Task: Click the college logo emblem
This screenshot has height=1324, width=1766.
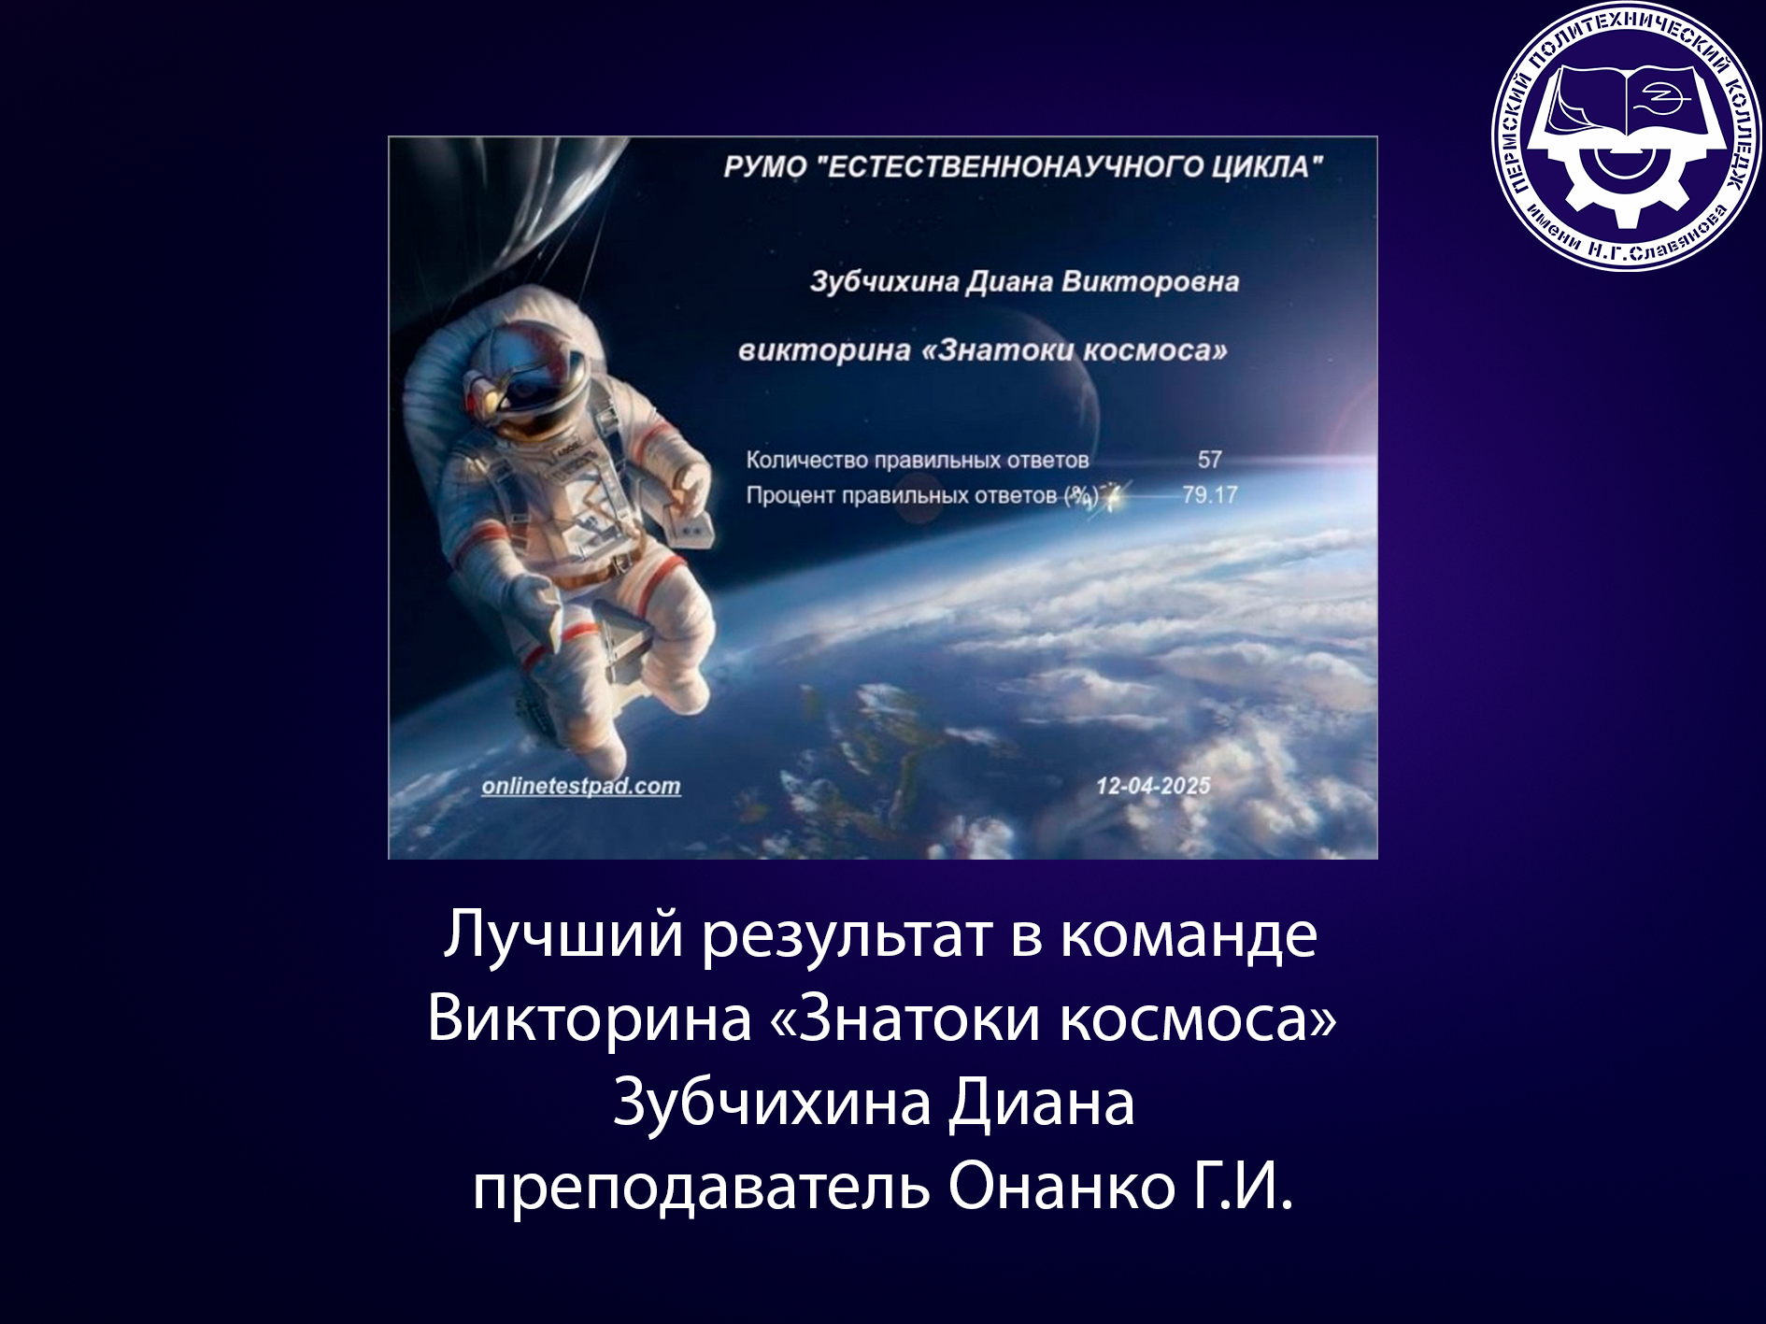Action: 1625,137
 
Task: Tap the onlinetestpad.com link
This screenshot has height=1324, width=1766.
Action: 581,787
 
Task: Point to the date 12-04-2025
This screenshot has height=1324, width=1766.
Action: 1153,787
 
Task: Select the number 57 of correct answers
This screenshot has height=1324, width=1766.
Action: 1210,460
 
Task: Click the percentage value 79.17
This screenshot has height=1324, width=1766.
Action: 1210,494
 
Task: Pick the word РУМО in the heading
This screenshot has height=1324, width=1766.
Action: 765,167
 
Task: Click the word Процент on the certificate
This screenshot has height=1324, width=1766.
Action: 790,495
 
